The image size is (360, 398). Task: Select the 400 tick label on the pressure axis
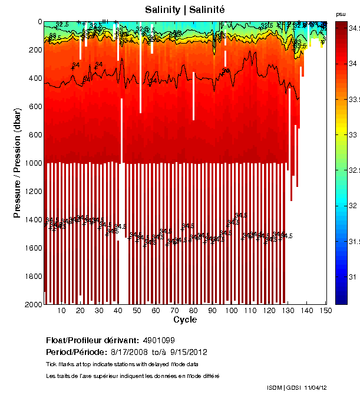[35, 78]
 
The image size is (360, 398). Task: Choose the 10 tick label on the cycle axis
[62, 311]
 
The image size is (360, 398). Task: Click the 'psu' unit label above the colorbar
[341, 14]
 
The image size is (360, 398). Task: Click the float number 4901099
[158, 341]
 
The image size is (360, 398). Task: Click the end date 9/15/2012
[189, 352]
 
